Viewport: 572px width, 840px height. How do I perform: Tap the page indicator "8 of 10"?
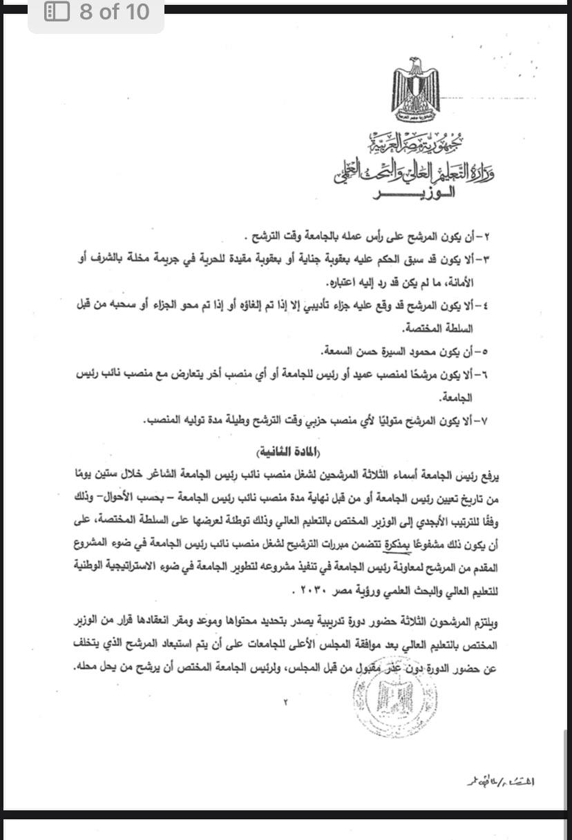(x=114, y=12)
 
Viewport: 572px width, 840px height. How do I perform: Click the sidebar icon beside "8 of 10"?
(x=57, y=12)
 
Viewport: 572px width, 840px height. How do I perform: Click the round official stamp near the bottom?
(x=385, y=668)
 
